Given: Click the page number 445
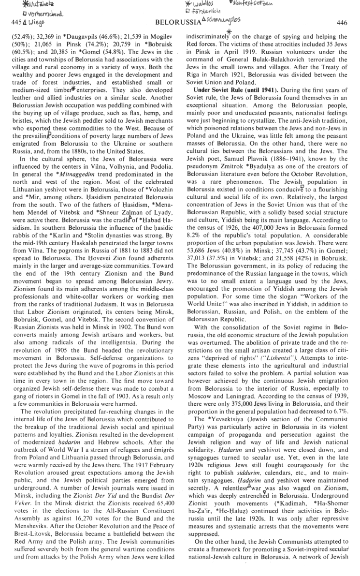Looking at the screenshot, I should (x=10, y=22).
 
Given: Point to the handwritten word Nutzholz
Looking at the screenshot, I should (x=29, y=5).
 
